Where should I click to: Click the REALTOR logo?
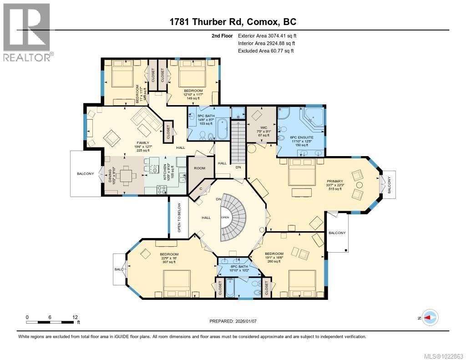coord(27,32)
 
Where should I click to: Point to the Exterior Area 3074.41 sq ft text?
coord(268,35)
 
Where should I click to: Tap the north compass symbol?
coord(430,318)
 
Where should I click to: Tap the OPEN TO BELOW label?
coord(179,218)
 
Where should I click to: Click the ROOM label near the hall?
coord(199,168)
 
